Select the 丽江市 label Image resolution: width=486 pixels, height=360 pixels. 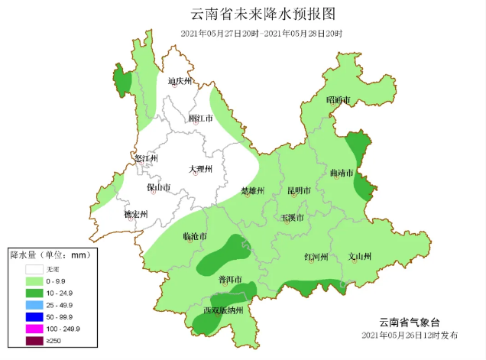(x=200, y=118)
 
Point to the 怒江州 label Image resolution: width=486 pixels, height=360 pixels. (x=144, y=158)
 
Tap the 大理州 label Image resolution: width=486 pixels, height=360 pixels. (x=200, y=169)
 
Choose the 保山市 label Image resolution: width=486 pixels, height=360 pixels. (x=158, y=187)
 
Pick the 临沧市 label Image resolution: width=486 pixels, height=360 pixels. (x=196, y=238)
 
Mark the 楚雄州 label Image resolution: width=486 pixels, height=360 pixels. (x=252, y=190)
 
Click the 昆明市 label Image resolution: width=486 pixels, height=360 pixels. (x=299, y=190)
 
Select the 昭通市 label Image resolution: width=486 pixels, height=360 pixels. (x=338, y=100)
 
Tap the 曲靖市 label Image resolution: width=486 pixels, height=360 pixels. (x=342, y=174)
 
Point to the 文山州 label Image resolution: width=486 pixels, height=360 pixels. (x=360, y=257)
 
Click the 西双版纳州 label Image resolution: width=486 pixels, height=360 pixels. (x=223, y=310)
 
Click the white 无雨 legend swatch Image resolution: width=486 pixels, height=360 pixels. (x=34, y=269)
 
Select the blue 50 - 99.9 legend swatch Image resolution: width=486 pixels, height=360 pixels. (x=34, y=316)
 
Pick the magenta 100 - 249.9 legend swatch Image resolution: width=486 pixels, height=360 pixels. (x=34, y=327)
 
